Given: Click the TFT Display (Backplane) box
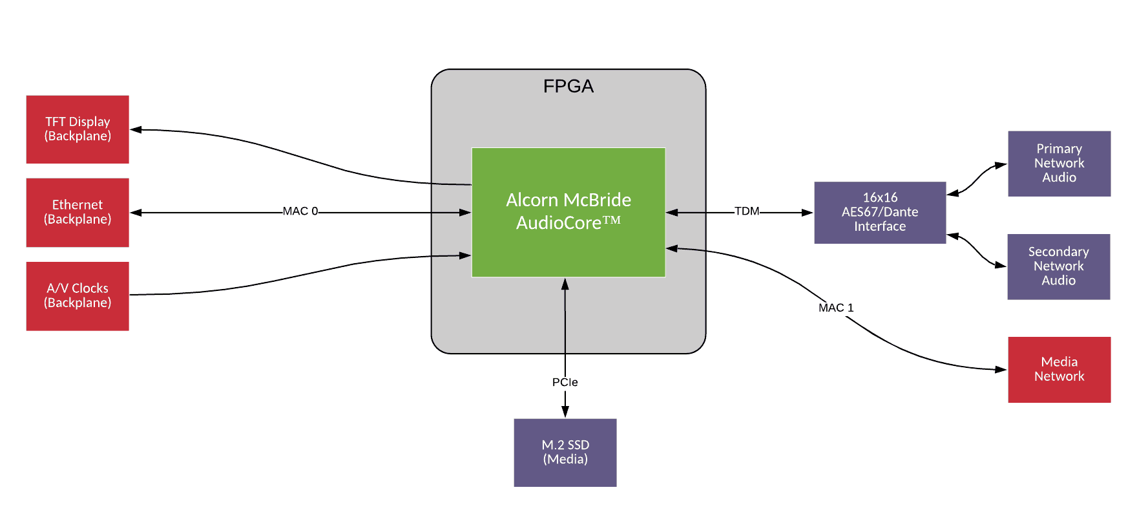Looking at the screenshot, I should click(78, 129).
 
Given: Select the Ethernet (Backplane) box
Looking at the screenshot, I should click(78, 212).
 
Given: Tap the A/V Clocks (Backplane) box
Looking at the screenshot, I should click(78, 295).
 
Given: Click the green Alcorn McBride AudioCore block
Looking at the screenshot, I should click(568, 211).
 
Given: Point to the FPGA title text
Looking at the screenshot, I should click(568, 86).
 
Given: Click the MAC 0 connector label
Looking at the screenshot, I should click(300, 211).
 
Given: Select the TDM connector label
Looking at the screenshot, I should click(747, 211).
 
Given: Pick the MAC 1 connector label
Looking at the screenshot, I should click(836, 308).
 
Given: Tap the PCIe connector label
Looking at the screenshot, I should click(565, 382).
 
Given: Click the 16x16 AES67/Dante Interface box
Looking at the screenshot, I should click(880, 212).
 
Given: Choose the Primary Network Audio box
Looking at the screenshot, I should click(1059, 164).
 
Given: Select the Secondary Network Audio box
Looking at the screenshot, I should click(1058, 266).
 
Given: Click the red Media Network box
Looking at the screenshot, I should click(1059, 369).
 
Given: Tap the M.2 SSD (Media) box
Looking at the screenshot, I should click(565, 452).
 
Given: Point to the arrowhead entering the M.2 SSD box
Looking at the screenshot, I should click(565, 412).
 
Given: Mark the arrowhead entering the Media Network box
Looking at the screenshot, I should click(1001, 370).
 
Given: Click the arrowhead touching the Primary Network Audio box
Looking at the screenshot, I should click(1001, 166).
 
